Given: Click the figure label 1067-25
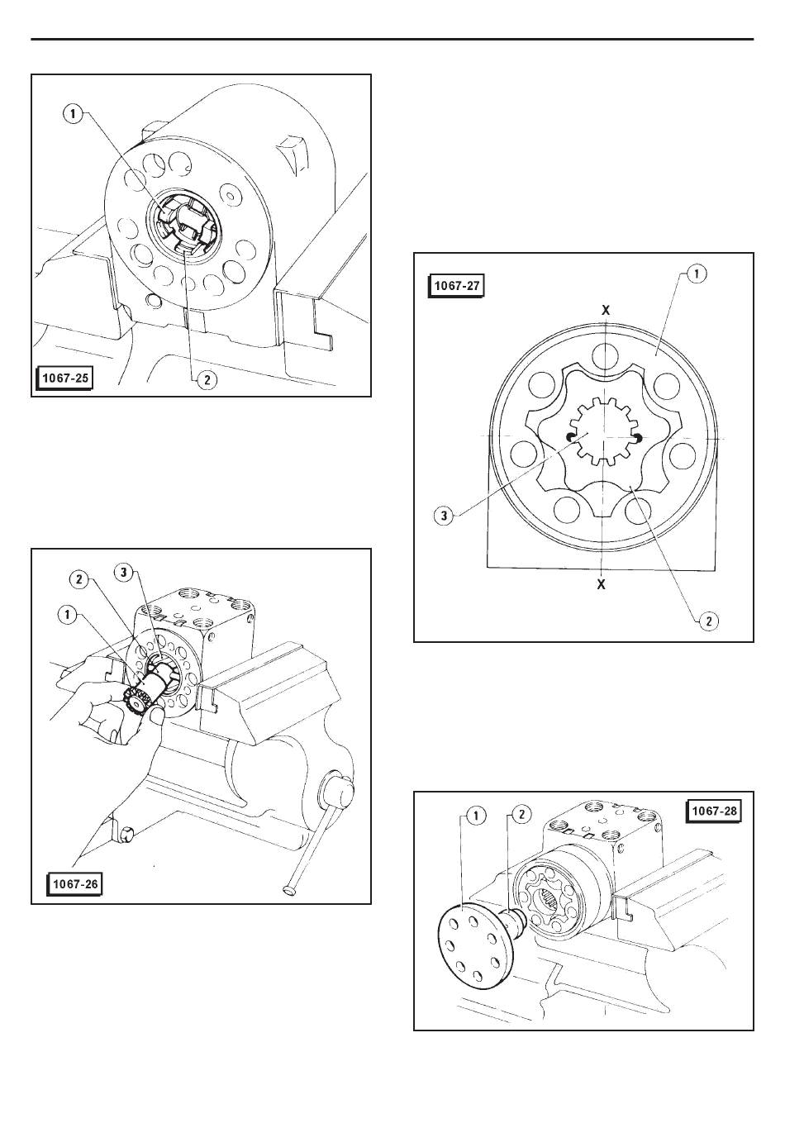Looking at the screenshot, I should [x=64, y=378].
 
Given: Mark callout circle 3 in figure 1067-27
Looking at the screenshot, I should [x=445, y=517].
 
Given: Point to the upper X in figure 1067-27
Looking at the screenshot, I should [x=606, y=309].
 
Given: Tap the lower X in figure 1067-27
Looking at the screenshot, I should [x=602, y=583].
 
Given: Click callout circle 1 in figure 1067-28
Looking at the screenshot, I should [x=475, y=816].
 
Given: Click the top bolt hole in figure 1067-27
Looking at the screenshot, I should [x=607, y=355].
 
